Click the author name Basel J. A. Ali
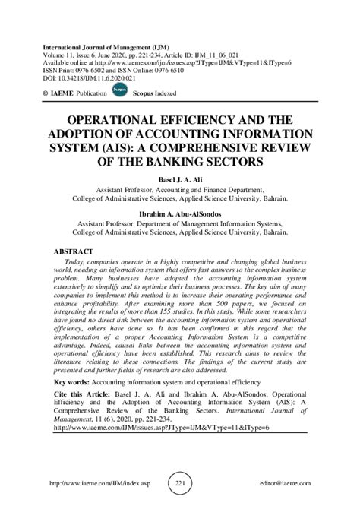[181, 179]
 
